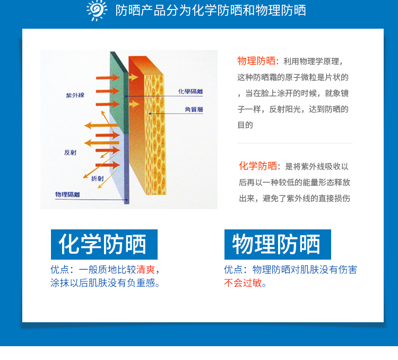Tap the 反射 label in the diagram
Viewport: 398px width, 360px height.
click(x=70, y=152)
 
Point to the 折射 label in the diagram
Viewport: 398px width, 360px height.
click(x=98, y=178)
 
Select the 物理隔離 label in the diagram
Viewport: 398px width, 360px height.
click(x=67, y=194)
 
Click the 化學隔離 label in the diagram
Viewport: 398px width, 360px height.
click(x=190, y=92)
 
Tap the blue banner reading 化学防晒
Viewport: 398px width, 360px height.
click(x=104, y=245)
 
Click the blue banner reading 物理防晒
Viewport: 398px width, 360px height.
click(x=278, y=245)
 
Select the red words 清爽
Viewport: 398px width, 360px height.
click(x=146, y=269)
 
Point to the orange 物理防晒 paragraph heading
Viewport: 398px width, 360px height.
click(x=256, y=61)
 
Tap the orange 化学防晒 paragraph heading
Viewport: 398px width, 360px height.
click(x=258, y=166)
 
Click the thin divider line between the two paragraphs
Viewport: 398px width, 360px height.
click(x=295, y=143)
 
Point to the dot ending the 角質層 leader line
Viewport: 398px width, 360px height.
click(x=150, y=114)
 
